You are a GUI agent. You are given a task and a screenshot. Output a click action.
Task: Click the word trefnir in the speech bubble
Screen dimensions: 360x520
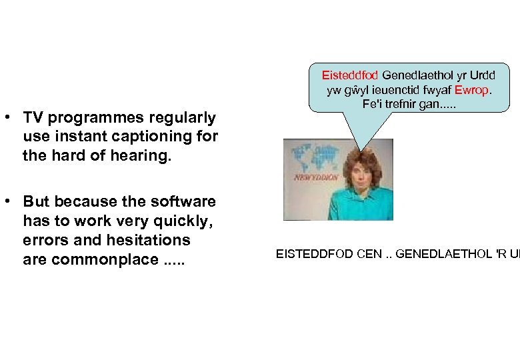[x=406, y=104]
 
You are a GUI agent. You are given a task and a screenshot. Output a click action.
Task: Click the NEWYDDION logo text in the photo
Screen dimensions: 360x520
[x=315, y=178]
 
